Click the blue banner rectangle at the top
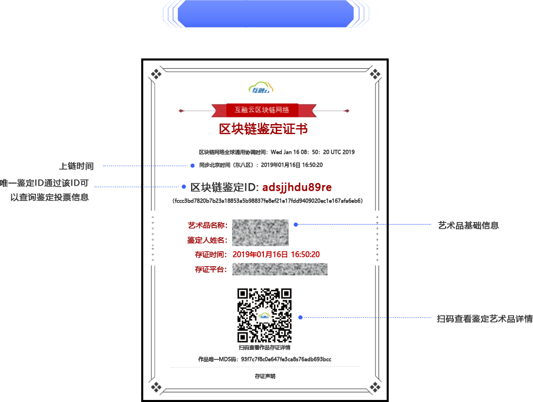[265, 13]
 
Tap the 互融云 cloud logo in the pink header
[261, 89]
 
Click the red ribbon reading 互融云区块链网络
[262, 110]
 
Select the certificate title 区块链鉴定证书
[263, 129]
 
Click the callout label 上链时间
[76, 166]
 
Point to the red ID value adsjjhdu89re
[297, 187]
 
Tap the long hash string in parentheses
[268, 201]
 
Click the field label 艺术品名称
[207, 225]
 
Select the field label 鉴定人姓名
[207, 240]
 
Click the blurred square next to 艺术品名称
[260, 233]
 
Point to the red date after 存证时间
[276, 254]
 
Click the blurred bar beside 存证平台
[279, 269]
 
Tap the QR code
[264, 315]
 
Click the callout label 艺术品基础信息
[468, 225]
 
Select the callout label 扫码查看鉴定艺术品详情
[484, 319]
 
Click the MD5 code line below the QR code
[264, 359]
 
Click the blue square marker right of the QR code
[300, 317]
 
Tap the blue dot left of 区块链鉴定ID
[184, 187]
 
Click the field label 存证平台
[211, 269]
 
